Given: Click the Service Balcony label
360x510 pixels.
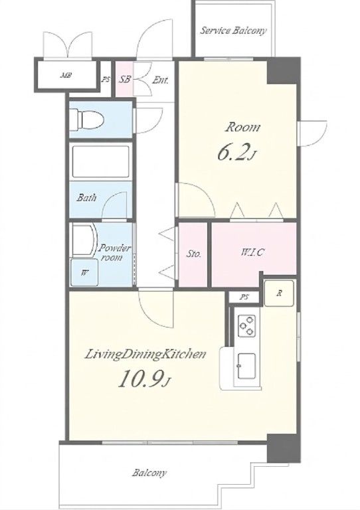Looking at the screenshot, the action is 233,31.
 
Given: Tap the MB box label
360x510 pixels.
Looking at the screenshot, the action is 66,76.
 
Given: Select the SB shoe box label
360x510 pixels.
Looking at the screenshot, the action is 125,80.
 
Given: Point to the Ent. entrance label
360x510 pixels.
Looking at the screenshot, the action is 160,80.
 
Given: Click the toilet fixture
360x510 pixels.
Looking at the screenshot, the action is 87,119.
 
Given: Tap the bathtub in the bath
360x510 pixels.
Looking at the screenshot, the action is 101,161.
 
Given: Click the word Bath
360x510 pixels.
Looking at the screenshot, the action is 86,197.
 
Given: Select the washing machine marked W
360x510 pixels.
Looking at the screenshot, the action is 84,272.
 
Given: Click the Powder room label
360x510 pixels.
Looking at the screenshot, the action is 114,253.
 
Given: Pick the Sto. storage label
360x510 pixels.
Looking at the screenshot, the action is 193,254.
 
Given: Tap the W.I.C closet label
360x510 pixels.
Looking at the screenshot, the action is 252,252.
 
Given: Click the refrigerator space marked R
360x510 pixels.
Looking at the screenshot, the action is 279,294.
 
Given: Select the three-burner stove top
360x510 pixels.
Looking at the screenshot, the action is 247,325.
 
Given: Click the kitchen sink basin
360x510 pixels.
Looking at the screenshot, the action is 246,367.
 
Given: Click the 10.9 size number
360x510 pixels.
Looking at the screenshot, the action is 140,379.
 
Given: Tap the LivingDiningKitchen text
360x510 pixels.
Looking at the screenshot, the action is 145,354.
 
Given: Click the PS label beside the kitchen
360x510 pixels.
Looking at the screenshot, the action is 244,297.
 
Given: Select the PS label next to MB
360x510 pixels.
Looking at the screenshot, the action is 106,80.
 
